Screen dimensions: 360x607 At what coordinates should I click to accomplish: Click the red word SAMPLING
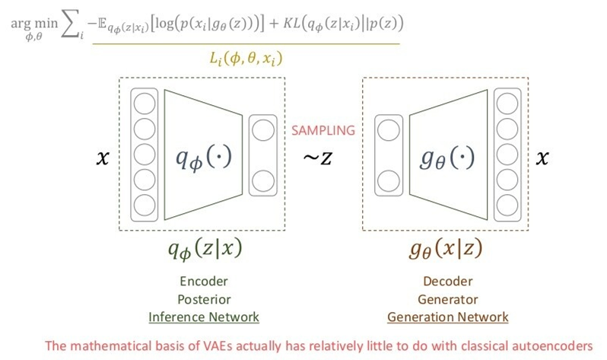coord(323,130)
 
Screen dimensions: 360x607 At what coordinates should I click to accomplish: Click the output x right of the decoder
coord(542,158)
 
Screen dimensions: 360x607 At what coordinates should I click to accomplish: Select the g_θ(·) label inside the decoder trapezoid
coord(448,160)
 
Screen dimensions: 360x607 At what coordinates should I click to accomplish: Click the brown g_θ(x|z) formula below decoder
coord(447,249)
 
